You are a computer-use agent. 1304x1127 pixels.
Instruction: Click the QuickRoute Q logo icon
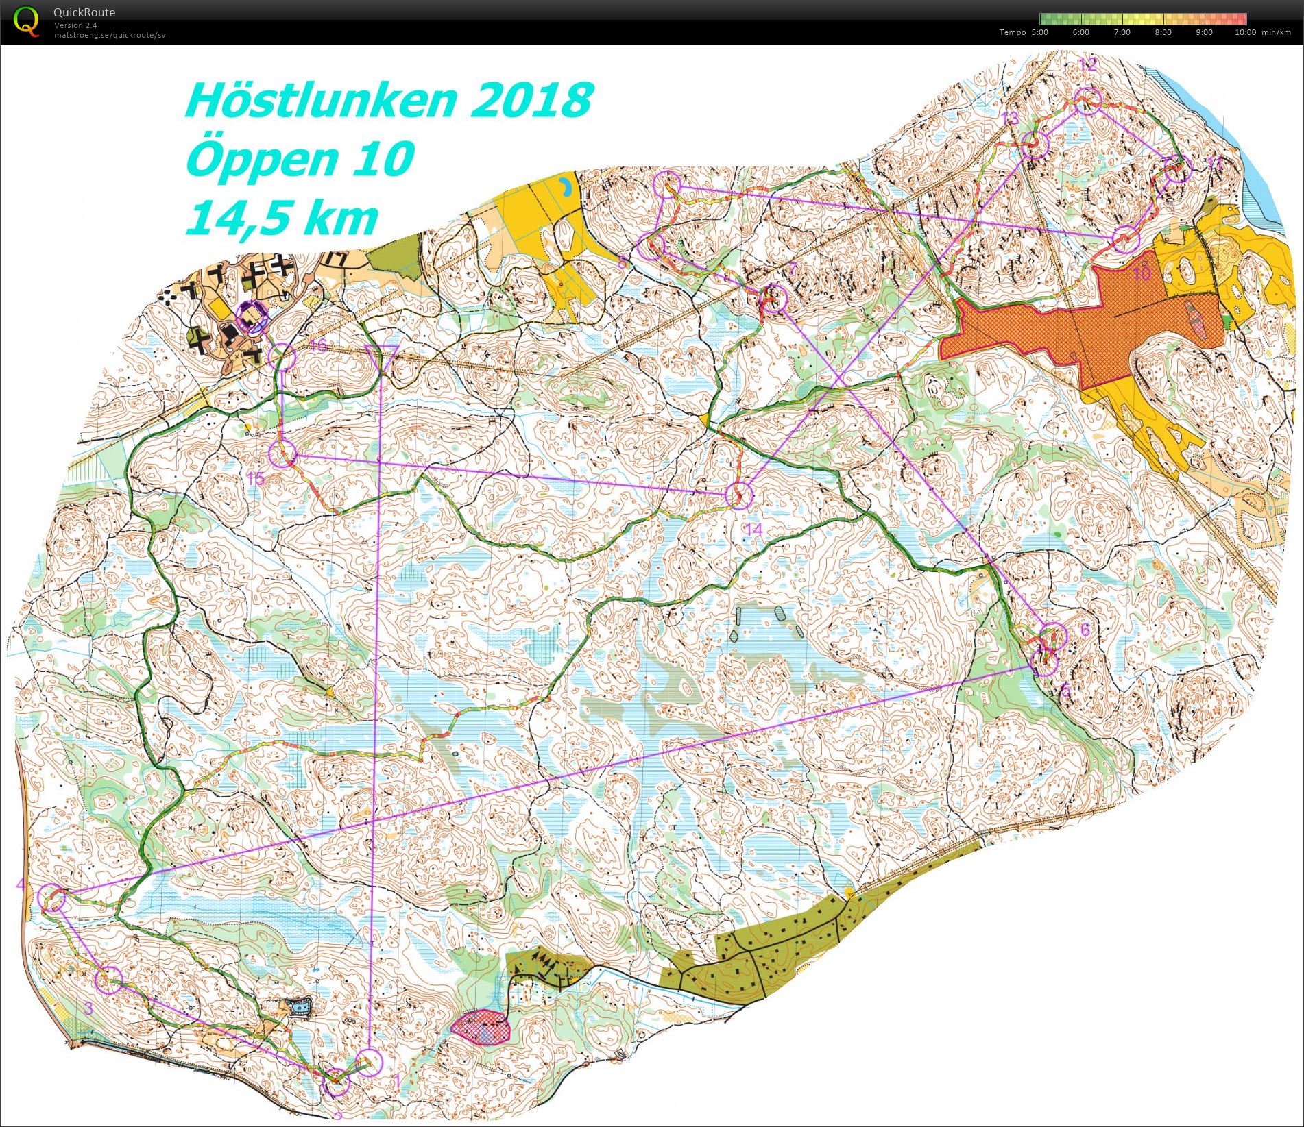pyautogui.click(x=26, y=21)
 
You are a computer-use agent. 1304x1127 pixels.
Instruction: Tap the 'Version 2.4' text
pyautogui.click(x=75, y=25)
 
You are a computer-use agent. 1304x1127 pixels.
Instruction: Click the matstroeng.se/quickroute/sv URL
pyautogui.click(x=110, y=34)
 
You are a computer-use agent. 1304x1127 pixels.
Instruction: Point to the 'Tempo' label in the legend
pyautogui.click(x=1012, y=32)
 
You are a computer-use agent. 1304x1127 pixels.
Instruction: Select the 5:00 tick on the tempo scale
pyautogui.click(x=1040, y=32)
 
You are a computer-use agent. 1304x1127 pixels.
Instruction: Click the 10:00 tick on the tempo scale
pyautogui.click(x=1245, y=32)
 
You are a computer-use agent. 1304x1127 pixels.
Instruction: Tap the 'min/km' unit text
pyautogui.click(x=1276, y=32)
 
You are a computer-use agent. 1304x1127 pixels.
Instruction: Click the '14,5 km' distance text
pyautogui.click(x=281, y=218)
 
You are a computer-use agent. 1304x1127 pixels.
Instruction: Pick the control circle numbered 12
pyautogui.click(x=1087, y=101)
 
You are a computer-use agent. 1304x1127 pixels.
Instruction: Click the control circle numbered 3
pyautogui.click(x=108, y=980)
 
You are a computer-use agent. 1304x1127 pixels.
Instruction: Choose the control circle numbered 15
pyautogui.click(x=282, y=454)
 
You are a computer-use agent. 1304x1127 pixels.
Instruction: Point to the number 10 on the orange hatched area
pyautogui.click(x=1141, y=275)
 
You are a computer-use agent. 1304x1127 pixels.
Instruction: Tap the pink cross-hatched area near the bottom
pyautogui.click(x=482, y=1026)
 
